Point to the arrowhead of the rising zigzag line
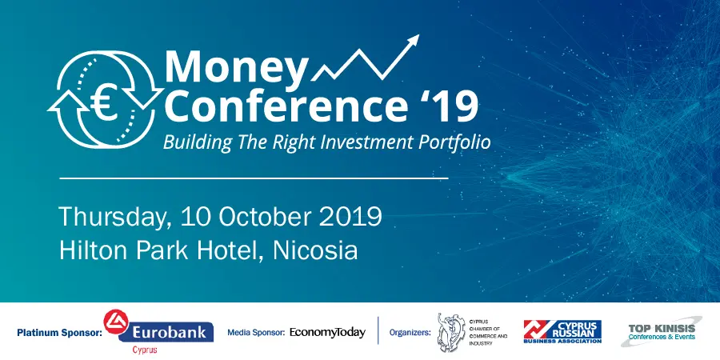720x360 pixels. pyautogui.click(x=414, y=41)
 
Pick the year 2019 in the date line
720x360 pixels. pyautogui.click(x=353, y=217)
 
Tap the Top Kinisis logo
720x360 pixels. pyautogui.click(x=662, y=330)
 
